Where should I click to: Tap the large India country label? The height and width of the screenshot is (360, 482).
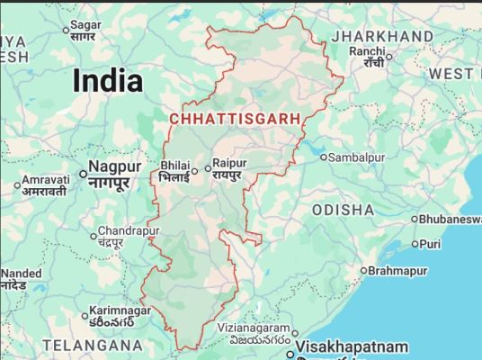(x=107, y=81)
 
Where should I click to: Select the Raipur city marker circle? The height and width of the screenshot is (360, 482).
(x=207, y=167)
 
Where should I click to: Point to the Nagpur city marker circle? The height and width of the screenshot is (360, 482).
(x=83, y=174)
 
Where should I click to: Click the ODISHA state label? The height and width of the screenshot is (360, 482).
(x=343, y=209)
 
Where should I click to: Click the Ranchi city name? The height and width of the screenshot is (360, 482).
(x=367, y=51)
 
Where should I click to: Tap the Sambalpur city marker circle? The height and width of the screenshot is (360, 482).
(x=324, y=157)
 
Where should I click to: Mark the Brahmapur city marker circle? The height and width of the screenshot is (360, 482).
(x=363, y=271)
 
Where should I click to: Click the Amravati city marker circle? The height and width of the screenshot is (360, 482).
(x=17, y=186)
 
